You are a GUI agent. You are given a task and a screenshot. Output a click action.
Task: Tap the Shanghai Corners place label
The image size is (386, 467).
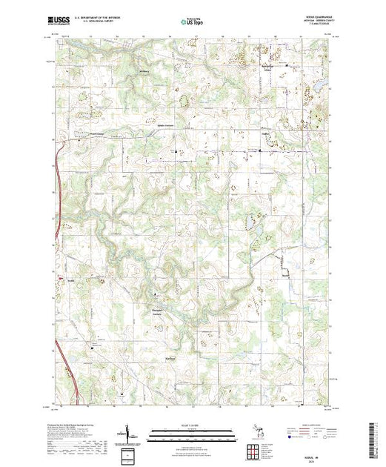tap(157, 312)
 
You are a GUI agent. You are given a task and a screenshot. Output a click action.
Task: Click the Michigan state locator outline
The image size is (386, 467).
tap(249, 431)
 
